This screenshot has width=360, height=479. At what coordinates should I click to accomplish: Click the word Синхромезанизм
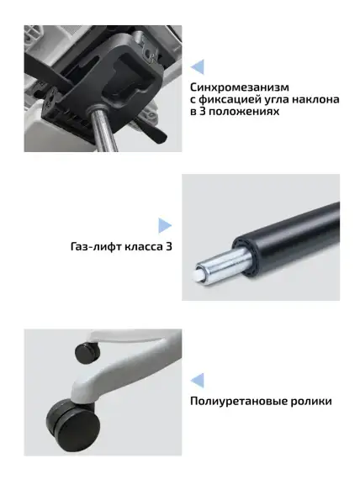(x=240, y=87)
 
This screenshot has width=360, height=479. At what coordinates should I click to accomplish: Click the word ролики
(x=310, y=401)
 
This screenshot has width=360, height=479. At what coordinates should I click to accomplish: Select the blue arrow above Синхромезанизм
(x=198, y=66)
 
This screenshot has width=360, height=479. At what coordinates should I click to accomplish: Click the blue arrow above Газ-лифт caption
(x=165, y=225)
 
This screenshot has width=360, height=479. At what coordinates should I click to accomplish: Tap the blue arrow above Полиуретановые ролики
(x=198, y=379)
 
